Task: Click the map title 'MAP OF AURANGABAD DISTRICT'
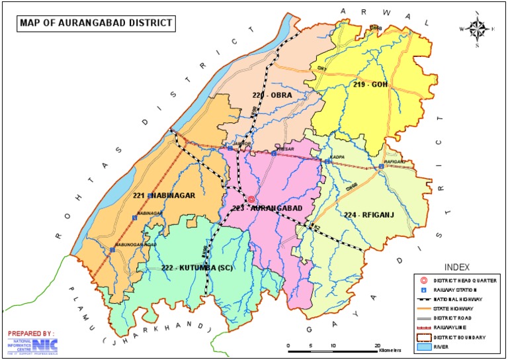click(x=96, y=23)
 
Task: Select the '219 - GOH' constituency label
click(x=370, y=85)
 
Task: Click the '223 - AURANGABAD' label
click(x=267, y=208)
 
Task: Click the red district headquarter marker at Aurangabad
click(x=251, y=200)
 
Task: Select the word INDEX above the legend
click(x=457, y=267)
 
